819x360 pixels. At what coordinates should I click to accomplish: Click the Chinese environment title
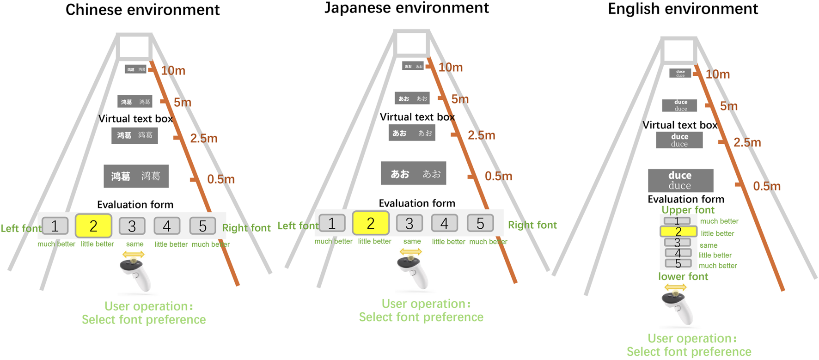click(x=142, y=10)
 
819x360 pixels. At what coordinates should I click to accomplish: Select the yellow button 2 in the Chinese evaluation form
click(x=93, y=226)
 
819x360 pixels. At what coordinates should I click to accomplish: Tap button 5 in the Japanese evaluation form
click(x=480, y=223)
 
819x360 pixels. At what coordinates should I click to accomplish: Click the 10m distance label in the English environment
click(x=717, y=74)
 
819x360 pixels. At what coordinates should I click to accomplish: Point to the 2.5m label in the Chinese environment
click(x=203, y=138)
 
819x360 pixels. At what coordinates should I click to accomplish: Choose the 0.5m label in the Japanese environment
click(x=498, y=176)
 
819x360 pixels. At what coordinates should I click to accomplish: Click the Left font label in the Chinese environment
click(x=21, y=228)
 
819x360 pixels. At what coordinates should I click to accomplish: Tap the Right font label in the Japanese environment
click(x=532, y=225)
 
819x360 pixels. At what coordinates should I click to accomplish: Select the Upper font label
click(x=688, y=210)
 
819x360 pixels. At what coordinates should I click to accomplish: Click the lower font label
click(x=683, y=276)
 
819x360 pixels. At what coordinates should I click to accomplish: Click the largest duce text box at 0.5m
click(x=680, y=180)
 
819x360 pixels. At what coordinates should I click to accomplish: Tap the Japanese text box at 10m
click(x=413, y=66)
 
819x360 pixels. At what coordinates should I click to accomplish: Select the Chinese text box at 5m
click(x=135, y=102)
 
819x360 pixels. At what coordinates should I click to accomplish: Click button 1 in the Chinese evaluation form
click(x=55, y=226)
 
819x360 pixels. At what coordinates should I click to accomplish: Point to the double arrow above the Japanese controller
click(x=410, y=252)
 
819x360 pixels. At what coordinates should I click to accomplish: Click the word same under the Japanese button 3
click(x=412, y=241)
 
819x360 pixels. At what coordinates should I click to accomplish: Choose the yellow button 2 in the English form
click(x=678, y=232)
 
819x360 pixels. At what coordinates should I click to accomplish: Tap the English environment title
click(x=683, y=9)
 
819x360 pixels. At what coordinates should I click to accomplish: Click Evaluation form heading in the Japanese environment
click(x=417, y=203)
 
